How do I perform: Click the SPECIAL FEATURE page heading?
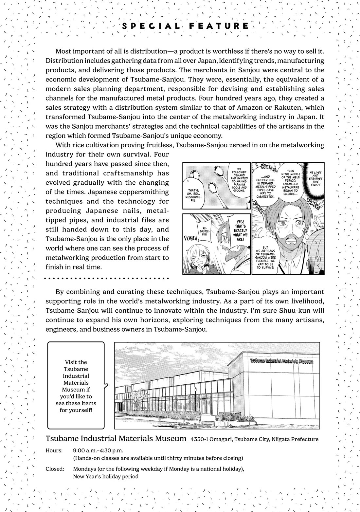[185, 26]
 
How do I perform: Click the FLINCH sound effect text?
[191, 237]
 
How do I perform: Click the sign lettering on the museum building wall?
[281, 361]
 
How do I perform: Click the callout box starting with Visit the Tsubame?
[76, 386]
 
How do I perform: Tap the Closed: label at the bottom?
[55, 469]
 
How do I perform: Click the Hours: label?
[54, 450]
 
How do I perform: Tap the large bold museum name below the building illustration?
[116, 438]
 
